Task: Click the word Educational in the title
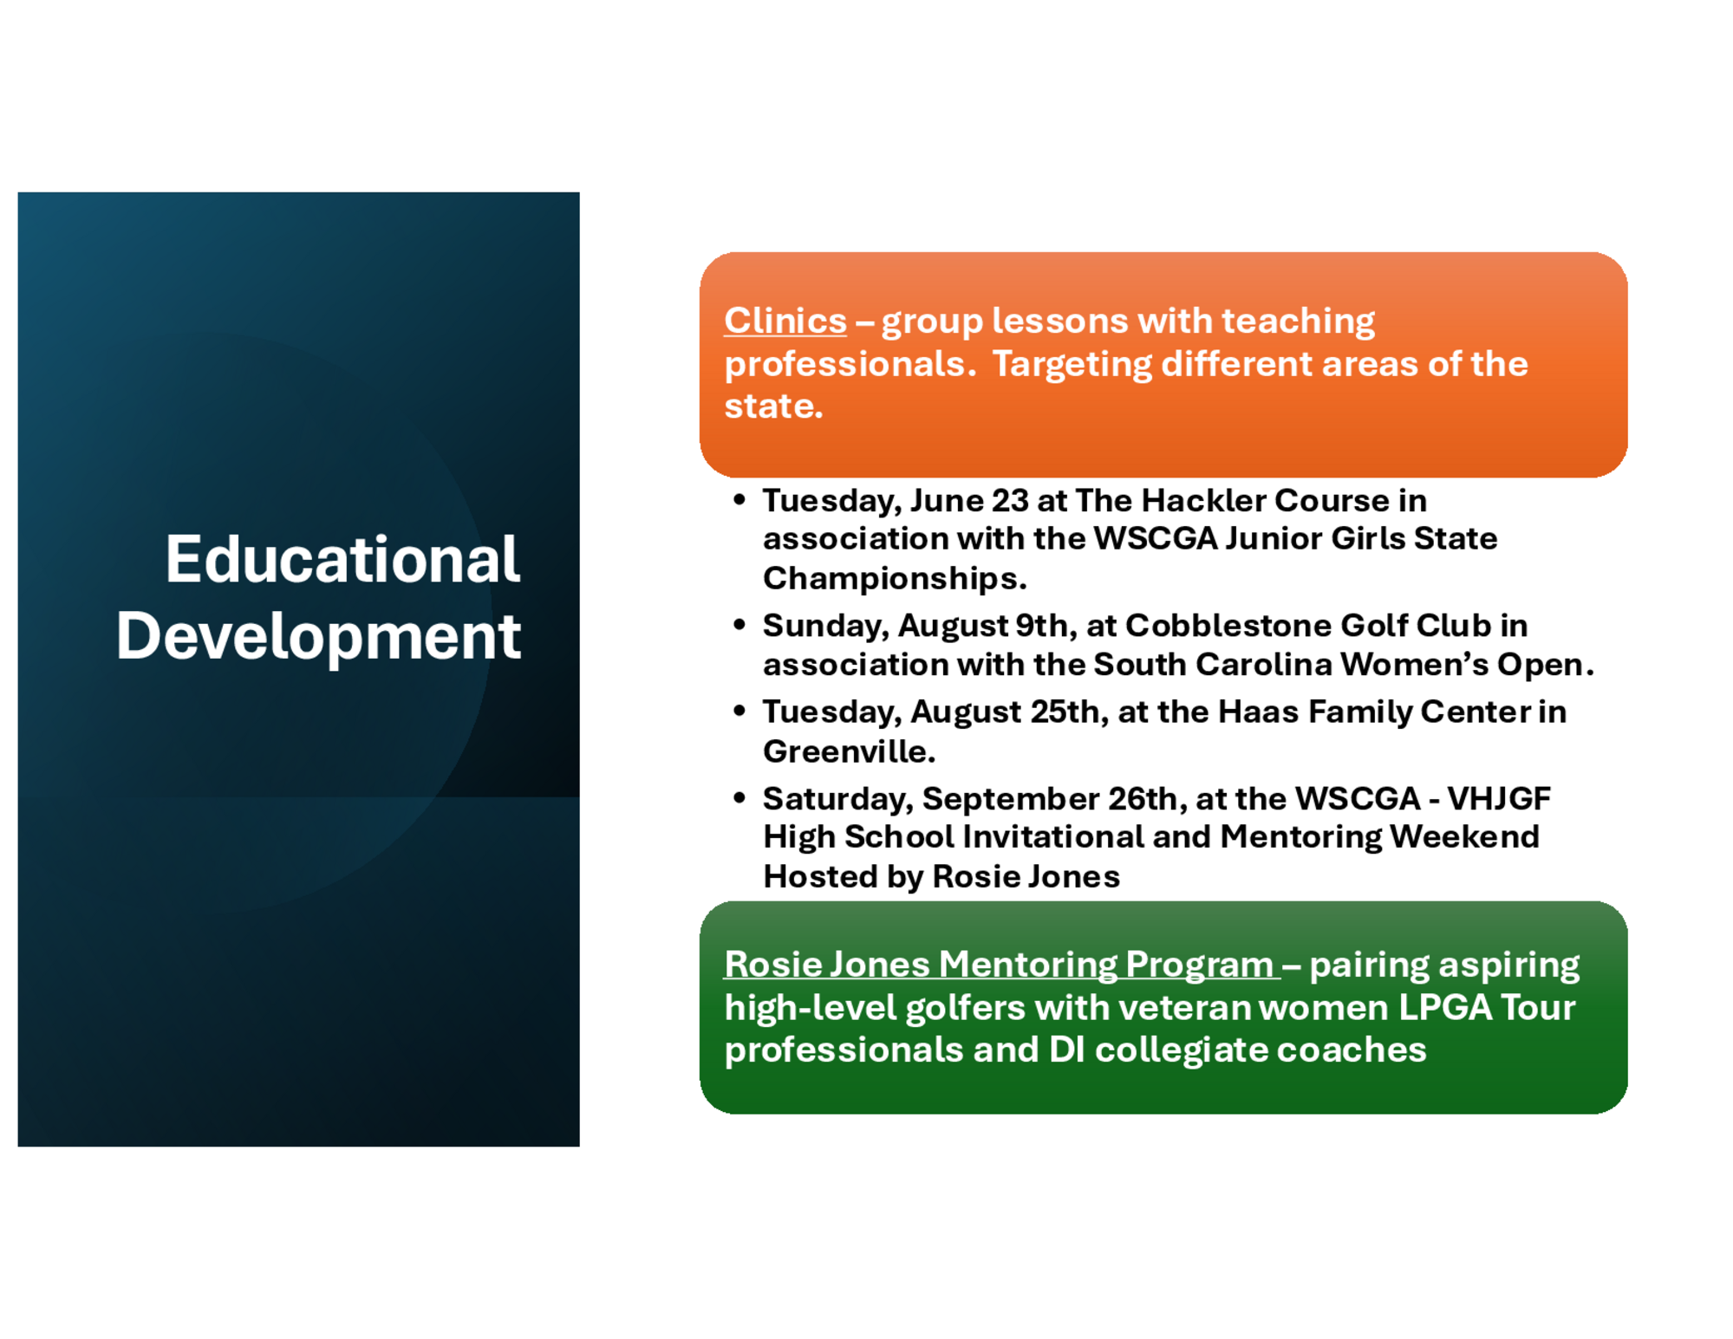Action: click(342, 559)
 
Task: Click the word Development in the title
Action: click(318, 637)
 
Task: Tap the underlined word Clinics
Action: click(785, 321)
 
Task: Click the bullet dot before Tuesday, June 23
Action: click(739, 499)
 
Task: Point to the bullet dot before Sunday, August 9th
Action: click(739, 624)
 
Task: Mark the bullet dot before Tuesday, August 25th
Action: click(739, 711)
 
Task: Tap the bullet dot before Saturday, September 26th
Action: click(739, 797)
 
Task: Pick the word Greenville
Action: click(849, 751)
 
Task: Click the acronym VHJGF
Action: click(1498, 798)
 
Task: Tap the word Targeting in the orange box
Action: click(1072, 365)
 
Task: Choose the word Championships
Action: click(895, 579)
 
